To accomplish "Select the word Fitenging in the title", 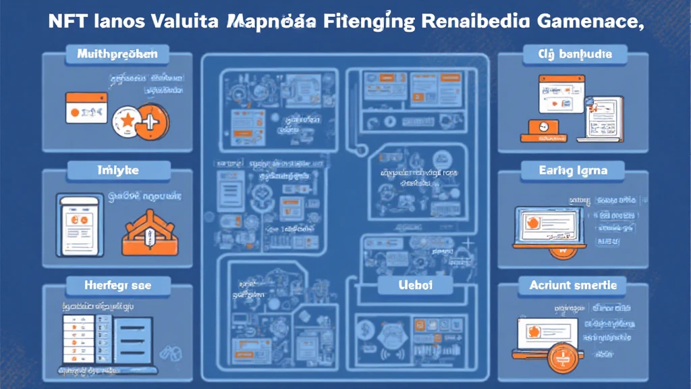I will coord(359,21).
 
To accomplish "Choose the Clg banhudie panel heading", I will coord(576,53).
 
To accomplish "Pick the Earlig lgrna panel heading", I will coord(574,171).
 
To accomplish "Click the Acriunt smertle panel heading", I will coord(573,286).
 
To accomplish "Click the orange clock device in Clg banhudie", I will coord(541,128).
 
